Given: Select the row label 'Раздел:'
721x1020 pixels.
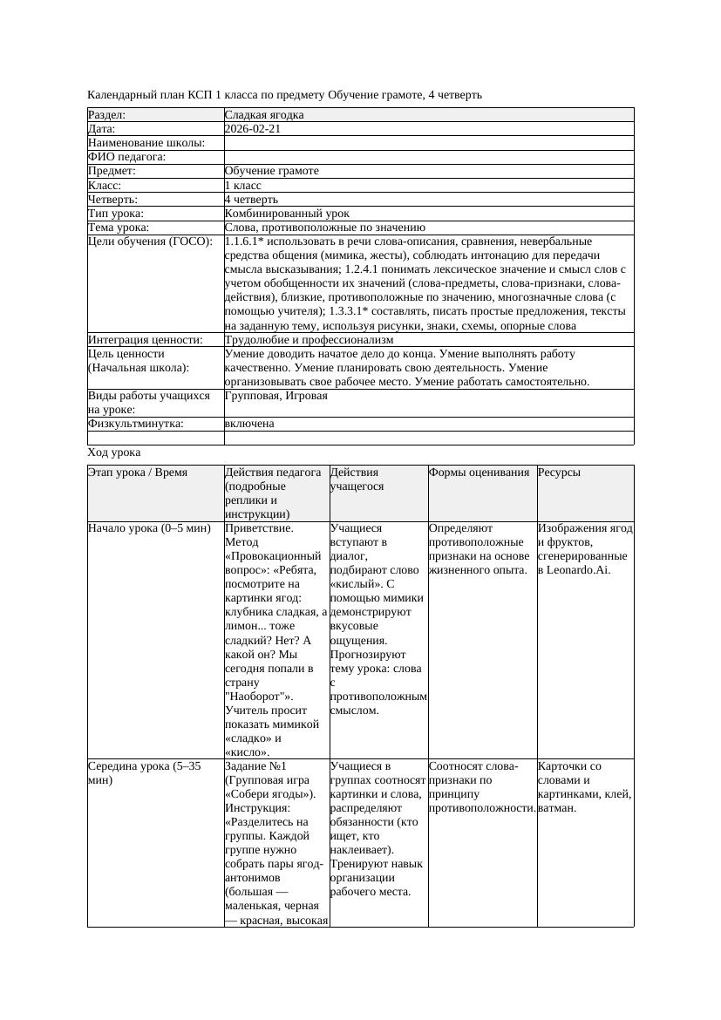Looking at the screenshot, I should click(x=107, y=114).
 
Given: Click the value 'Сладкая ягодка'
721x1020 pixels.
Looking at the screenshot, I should click(x=264, y=114).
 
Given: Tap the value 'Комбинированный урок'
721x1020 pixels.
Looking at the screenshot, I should click(x=287, y=213).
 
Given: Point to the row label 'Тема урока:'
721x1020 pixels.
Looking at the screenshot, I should click(x=119, y=227).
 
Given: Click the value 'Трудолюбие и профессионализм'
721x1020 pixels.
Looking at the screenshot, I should click(x=309, y=339).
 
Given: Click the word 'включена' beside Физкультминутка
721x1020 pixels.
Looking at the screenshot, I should click(x=249, y=423).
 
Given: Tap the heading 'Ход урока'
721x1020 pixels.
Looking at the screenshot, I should click(x=114, y=452).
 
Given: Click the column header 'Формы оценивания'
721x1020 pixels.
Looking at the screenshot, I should click(x=479, y=472).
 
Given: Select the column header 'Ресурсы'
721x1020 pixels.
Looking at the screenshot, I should click(x=559, y=472).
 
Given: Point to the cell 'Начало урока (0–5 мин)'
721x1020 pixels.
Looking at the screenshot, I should click(x=149, y=527).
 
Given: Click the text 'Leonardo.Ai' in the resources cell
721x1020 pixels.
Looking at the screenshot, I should click(x=578, y=569).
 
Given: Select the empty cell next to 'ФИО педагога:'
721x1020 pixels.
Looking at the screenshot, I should click(x=427, y=157).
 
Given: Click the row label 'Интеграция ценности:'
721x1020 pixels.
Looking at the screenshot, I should click(x=145, y=339).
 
